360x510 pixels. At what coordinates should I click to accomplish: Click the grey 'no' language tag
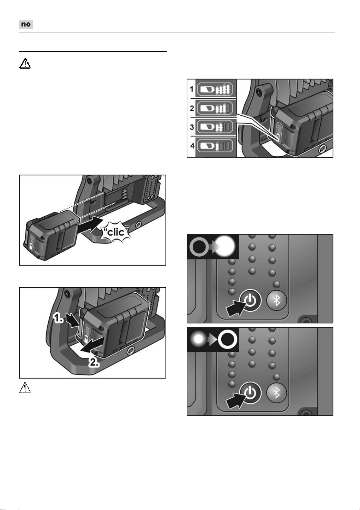pos(26,24)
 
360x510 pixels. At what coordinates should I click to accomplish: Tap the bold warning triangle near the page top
pos(25,63)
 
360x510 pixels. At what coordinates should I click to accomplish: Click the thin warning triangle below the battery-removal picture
pos(25,387)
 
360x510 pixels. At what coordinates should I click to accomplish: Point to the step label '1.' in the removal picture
pos(58,318)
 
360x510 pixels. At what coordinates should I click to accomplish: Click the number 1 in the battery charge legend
pos(192,89)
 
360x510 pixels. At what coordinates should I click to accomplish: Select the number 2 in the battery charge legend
pos(192,108)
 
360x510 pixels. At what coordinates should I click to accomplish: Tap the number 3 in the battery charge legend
pos(192,127)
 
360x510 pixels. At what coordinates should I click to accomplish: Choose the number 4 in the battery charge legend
pos(192,146)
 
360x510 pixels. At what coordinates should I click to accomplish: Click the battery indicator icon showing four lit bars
pos(215,89)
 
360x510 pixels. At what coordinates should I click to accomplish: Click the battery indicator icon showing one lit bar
pos(215,146)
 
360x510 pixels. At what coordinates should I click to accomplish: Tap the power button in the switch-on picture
pos(250,301)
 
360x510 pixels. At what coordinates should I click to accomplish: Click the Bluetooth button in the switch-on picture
pos(276,301)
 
